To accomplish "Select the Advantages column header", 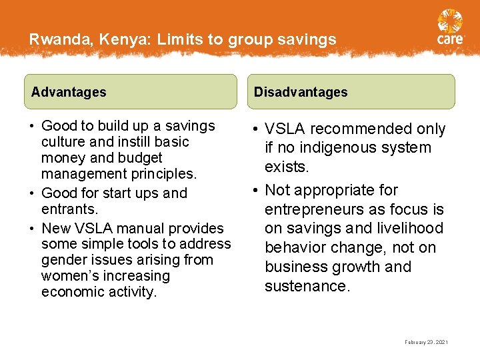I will coord(69,92).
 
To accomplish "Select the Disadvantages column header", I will coord(301,92).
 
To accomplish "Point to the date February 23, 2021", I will coord(427,342).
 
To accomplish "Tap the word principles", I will coord(164,174).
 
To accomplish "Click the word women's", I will coord(68,276).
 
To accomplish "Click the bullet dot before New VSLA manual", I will coord(31,228).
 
